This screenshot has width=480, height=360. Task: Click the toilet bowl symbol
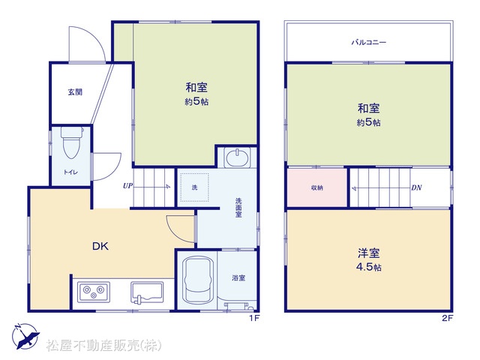coord(72,142)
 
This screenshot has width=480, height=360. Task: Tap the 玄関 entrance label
coord(75,91)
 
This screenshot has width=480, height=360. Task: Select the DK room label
coord(100,246)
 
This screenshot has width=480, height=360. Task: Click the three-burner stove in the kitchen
coord(93,292)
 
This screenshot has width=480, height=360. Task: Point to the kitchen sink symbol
coord(147,292)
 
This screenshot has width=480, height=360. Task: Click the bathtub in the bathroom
coord(198,280)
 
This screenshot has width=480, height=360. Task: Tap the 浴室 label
coord(238,278)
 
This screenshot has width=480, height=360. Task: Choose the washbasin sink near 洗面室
coord(237,157)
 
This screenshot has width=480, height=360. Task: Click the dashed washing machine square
coord(195,187)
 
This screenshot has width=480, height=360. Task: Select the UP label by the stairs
coord(127,186)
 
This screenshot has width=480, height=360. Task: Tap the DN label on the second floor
coord(416,187)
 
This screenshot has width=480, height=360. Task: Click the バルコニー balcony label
coord(369,42)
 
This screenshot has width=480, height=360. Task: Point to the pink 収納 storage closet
coord(317,187)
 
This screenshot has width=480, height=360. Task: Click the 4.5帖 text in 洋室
coord(369,267)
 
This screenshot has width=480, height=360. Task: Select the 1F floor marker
coord(254,318)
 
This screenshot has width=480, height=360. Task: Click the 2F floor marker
coord(447,318)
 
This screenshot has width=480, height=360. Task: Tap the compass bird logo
coord(25,336)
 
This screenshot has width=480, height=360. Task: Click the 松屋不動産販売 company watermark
coord(103,345)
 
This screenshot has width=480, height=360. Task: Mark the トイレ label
coord(70,172)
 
